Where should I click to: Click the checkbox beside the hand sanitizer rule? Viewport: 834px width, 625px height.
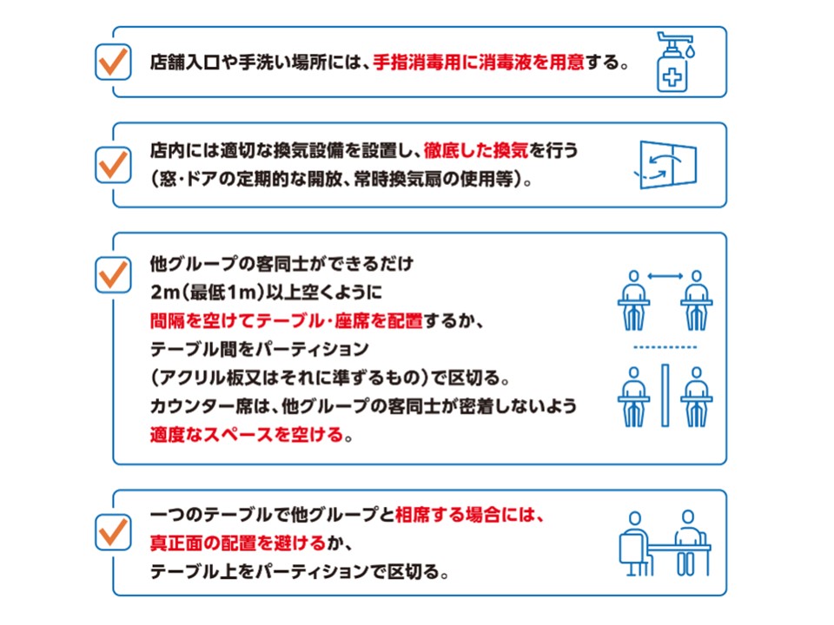point(113,62)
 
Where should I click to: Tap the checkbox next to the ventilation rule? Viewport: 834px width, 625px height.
point(113,165)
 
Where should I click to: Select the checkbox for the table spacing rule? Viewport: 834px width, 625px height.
point(113,275)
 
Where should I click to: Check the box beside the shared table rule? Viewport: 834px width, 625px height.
point(113,532)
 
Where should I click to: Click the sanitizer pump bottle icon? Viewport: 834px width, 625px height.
point(674,62)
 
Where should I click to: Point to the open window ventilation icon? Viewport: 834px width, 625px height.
point(666,164)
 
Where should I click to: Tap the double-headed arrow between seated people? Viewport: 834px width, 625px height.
point(665,276)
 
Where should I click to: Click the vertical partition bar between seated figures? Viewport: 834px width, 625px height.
point(665,396)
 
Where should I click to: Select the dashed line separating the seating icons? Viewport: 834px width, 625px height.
point(665,347)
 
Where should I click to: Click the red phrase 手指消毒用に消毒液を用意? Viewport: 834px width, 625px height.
point(479,62)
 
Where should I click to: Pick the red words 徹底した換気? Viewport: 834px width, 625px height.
point(476,150)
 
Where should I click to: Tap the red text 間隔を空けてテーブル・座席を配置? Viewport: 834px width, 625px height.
point(286,320)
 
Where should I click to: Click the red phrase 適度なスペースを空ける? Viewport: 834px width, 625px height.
point(247,435)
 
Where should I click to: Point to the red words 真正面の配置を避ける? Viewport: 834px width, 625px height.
point(238,543)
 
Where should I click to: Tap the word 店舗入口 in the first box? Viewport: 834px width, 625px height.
point(184,62)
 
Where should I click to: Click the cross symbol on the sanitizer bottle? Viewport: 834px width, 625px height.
point(672,78)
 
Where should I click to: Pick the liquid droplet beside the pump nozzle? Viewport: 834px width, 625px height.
point(690,51)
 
